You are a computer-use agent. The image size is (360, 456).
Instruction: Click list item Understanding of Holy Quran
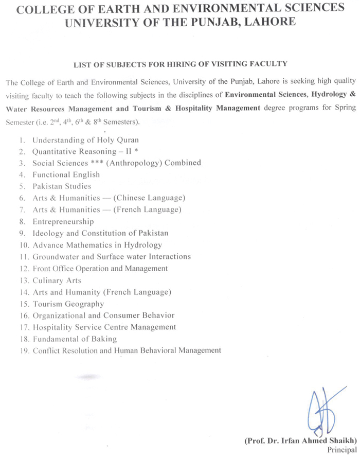pyautogui.click(x=85, y=139)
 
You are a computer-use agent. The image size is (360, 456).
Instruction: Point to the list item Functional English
pyautogui.click(x=66, y=174)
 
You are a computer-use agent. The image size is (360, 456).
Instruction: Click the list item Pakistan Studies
pyautogui.click(x=62, y=186)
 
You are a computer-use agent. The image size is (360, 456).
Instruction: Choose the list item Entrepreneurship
pyautogui.click(x=63, y=222)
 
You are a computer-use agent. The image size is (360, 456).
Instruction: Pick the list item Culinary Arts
pyautogui.click(x=57, y=280)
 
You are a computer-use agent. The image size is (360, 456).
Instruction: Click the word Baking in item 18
pyautogui.click(x=105, y=339)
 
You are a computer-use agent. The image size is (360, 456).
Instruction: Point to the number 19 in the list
pyautogui.click(x=23, y=351)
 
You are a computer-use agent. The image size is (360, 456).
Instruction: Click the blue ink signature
pyautogui.click(x=324, y=412)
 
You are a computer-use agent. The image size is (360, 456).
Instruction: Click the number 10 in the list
pyautogui.click(x=23, y=245)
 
